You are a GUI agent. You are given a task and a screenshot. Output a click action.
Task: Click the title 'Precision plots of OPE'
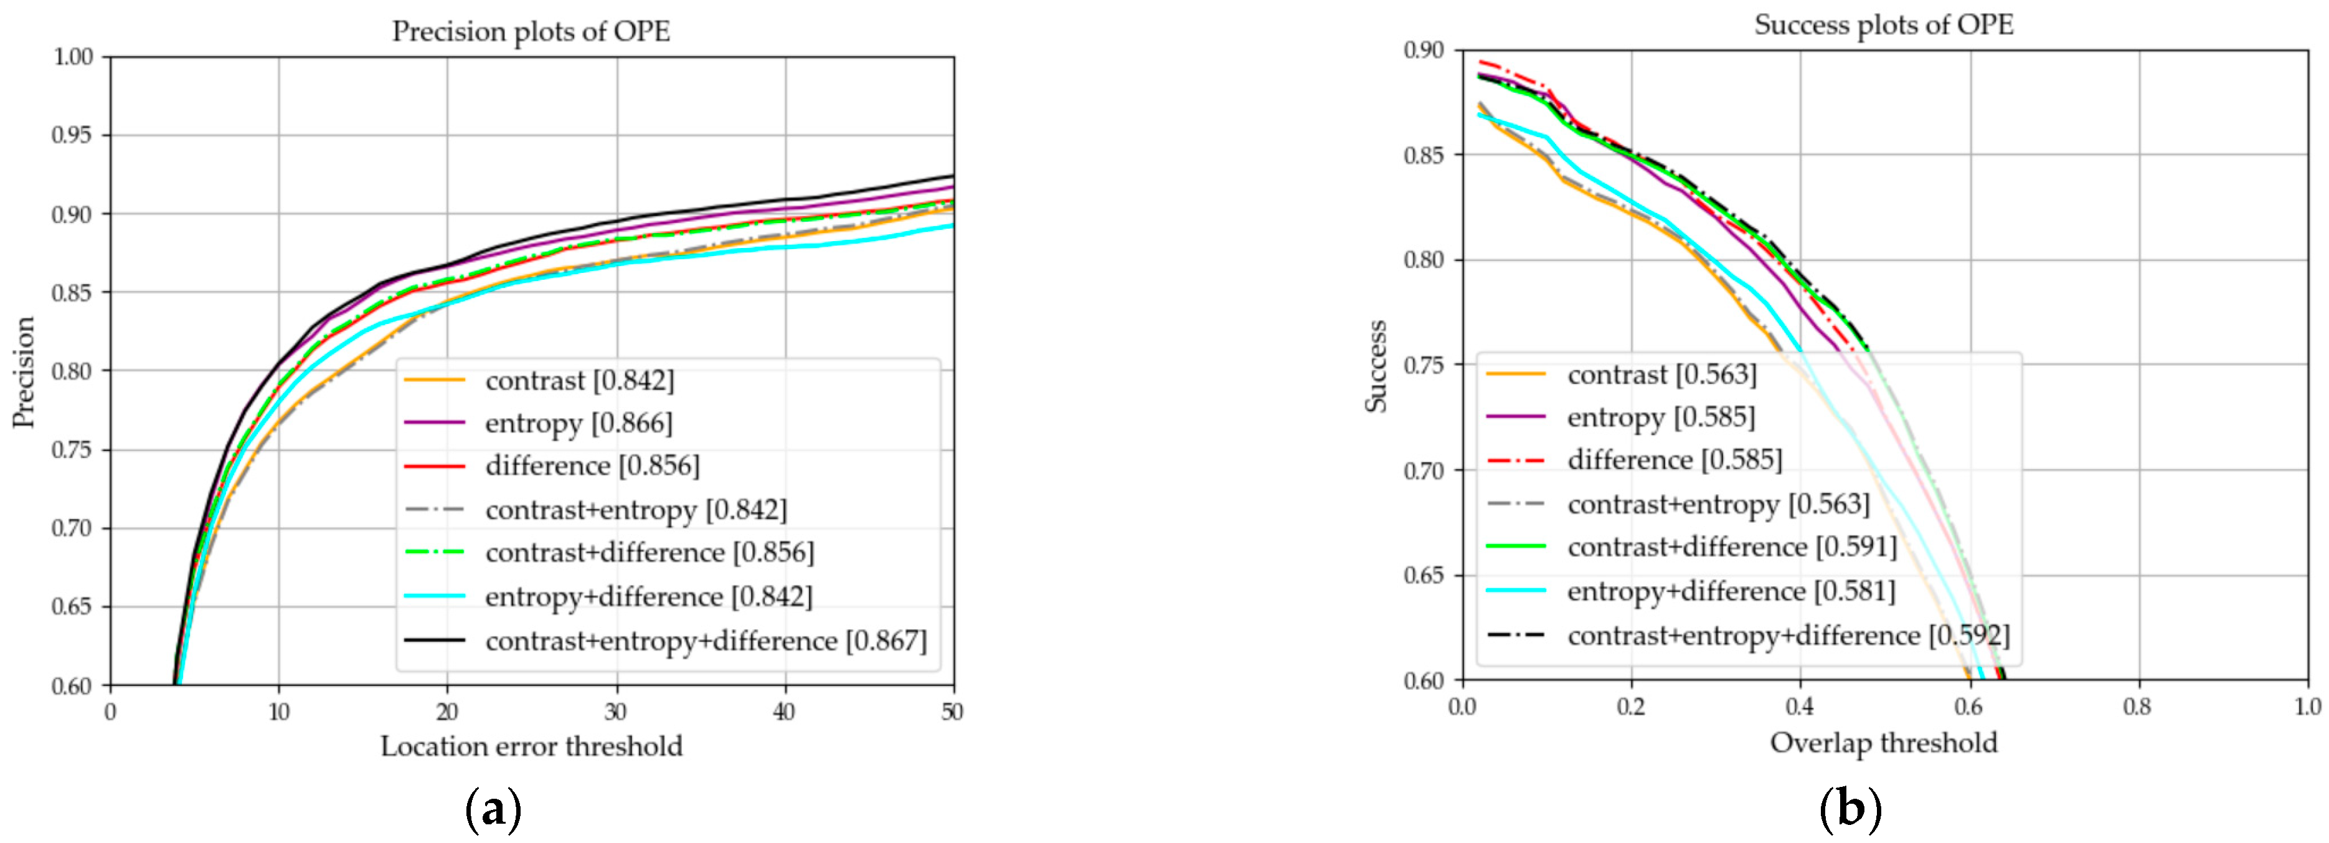(x=531, y=32)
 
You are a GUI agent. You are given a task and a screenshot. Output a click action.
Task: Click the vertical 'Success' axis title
(x=1376, y=365)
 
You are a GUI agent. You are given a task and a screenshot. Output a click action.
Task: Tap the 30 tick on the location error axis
(x=616, y=712)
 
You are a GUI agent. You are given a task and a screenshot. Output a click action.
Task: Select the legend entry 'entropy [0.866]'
(x=579, y=422)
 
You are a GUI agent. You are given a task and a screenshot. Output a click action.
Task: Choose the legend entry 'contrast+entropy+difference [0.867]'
(x=705, y=641)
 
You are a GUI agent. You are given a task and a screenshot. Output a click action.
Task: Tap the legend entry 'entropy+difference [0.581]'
(x=1731, y=591)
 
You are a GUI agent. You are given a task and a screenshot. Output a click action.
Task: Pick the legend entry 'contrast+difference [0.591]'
(x=1731, y=546)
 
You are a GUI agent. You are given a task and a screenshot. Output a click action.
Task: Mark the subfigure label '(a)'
(x=493, y=809)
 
